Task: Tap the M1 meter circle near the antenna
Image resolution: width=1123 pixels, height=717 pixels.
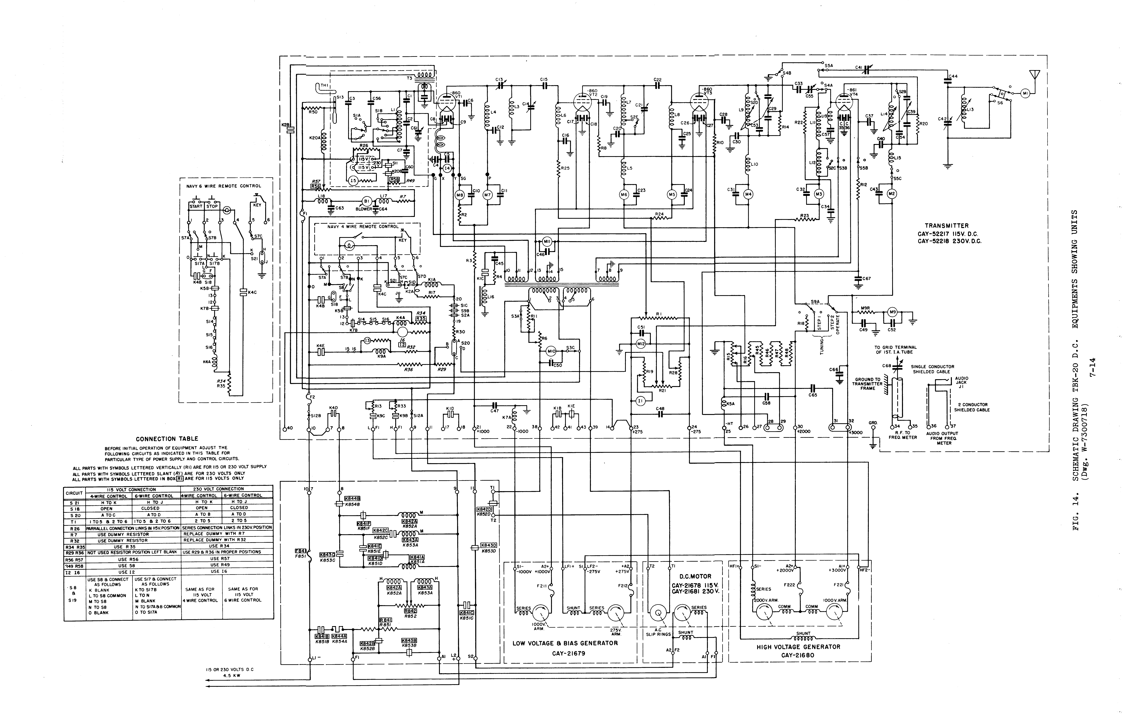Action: [1025, 93]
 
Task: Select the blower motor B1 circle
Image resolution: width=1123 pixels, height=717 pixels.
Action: [367, 201]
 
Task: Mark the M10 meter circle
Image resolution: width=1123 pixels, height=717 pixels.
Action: [551, 351]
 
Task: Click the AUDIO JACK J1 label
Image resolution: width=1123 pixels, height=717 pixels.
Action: [961, 382]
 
